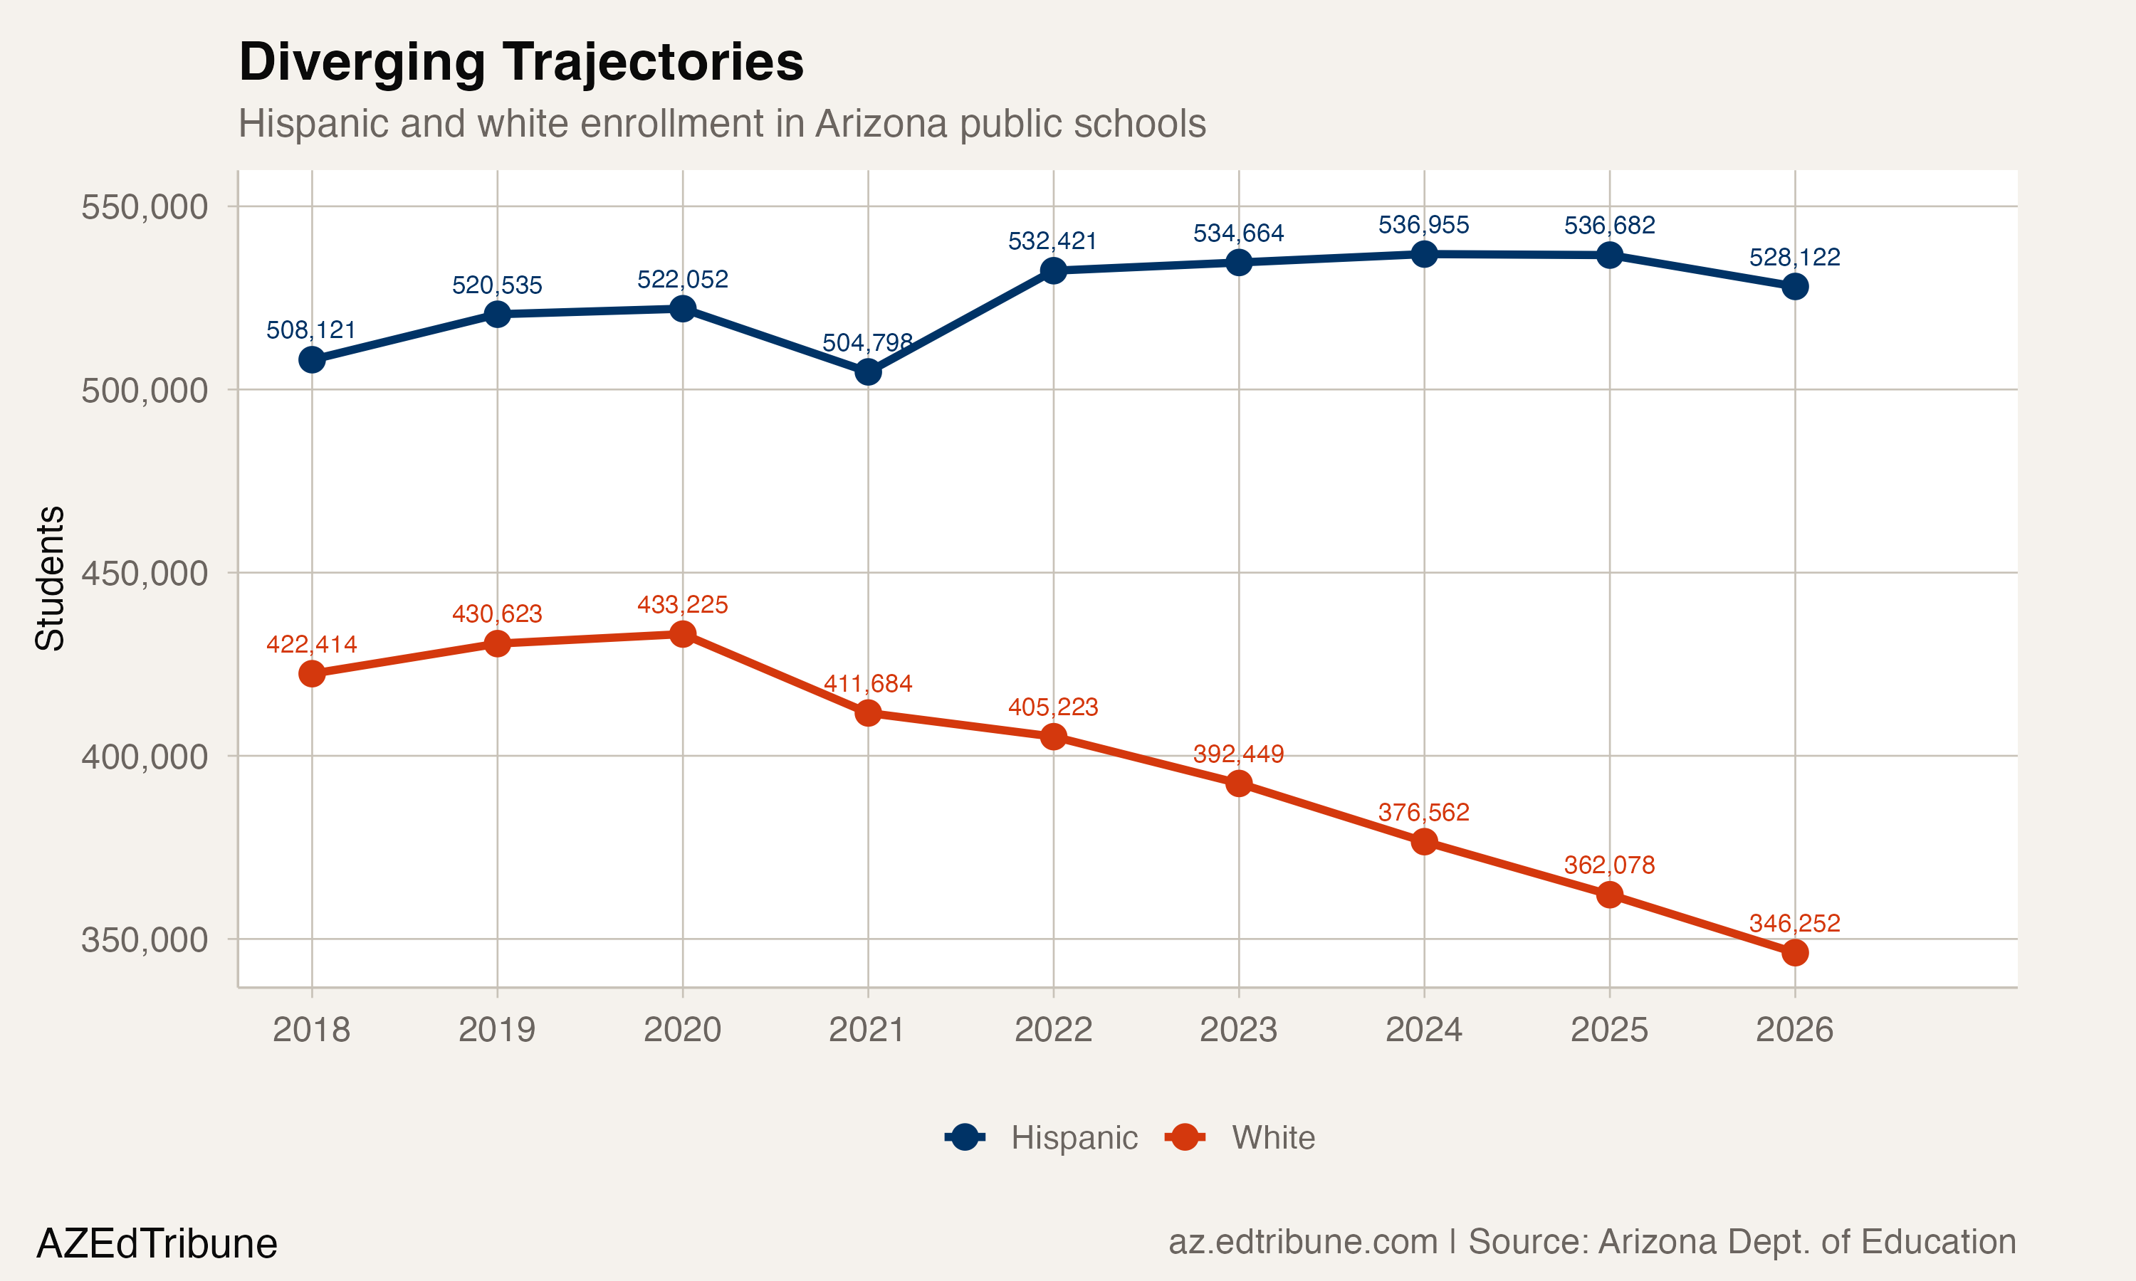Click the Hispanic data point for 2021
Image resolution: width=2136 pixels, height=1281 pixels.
pyautogui.click(x=868, y=372)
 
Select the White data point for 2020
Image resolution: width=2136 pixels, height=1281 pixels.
pyautogui.click(x=683, y=635)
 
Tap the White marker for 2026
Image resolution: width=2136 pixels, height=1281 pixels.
pyautogui.click(x=1795, y=953)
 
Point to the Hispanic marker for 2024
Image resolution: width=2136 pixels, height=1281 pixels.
pyautogui.click(x=1425, y=254)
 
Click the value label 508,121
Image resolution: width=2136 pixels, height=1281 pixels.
pyautogui.click(x=311, y=330)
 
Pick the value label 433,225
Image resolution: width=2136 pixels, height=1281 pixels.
pyautogui.click(x=682, y=604)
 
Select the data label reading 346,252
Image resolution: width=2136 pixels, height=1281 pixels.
pyautogui.click(x=1794, y=923)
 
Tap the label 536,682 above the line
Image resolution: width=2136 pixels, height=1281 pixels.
pyautogui.click(x=1609, y=226)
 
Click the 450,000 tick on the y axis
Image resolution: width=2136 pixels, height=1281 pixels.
pyautogui.click(x=145, y=573)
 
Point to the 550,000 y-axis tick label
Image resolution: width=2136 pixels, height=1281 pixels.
pyautogui.click(x=145, y=207)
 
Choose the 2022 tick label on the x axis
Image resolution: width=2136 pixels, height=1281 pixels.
pyautogui.click(x=1053, y=1029)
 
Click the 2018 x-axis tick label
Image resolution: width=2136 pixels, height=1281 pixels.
pyautogui.click(x=311, y=1029)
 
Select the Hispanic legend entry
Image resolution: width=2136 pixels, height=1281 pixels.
pyautogui.click(x=1073, y=1138)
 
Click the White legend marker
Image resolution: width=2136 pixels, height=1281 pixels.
pyautogui.click(x=1185, y=1137)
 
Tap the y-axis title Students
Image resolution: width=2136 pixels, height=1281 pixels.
pyautogui.click(x=49, y=579)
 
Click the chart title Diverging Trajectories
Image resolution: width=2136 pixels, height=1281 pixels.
pyautogui.click(x=520, y=62)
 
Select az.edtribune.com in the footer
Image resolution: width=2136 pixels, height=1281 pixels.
pyautogui.click(x=1303, y=1242)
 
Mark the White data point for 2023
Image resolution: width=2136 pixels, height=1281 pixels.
pyautogui.click(x=1239, y=784)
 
